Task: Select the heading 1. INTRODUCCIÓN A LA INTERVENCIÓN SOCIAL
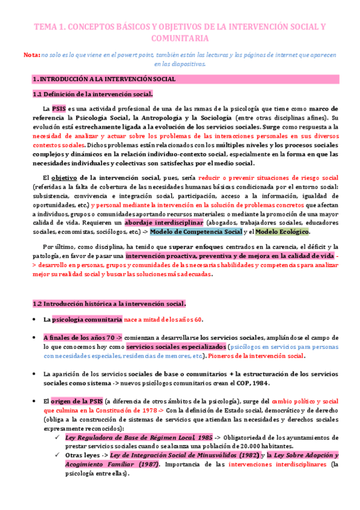click(x=105, y=79)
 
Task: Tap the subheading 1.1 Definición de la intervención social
click(x=92, y=94)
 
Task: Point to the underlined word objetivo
click(x=64, y=178)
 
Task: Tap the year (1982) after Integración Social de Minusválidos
click(x=239, y=456)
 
